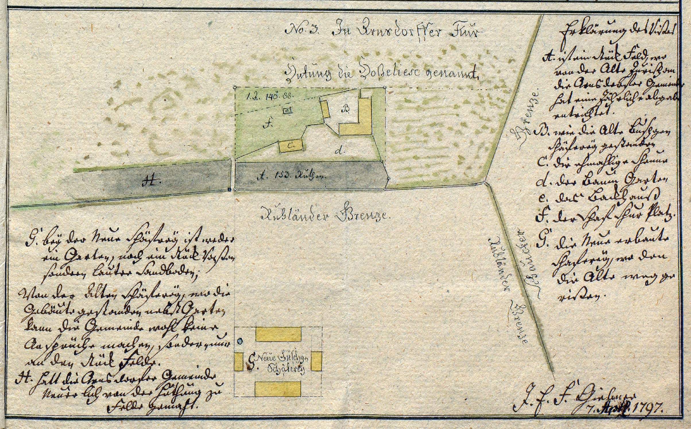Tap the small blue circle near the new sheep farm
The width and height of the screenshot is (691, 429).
coord(240,341)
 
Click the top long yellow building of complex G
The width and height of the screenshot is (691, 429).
coord(278,333)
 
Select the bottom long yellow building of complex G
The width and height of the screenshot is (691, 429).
coord(278,389)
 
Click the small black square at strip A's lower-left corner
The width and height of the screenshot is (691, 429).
coord(229,190)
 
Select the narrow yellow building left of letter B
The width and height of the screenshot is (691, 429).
coord(325,109)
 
